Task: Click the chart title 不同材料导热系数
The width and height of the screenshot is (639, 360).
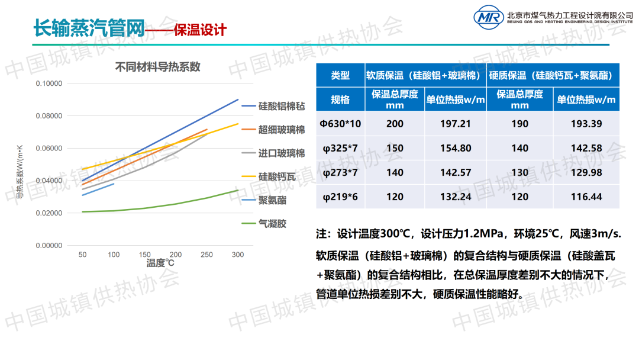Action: [x=158, y=67]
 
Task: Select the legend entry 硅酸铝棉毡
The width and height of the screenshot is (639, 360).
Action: [x=282, y=107]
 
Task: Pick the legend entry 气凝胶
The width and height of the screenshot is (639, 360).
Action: [x=272, y=224]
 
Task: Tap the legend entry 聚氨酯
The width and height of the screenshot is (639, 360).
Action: [x=272, y=200]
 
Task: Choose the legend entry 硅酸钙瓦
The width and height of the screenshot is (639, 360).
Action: [x=277, y=176]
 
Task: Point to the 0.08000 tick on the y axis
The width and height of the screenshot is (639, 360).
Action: [x=49, y=115]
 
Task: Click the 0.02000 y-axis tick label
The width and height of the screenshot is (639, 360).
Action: [x=49, y=213]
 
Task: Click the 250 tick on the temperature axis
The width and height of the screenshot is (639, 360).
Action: [x=207, y=255]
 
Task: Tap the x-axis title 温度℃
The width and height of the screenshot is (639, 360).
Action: [x=160, y=262]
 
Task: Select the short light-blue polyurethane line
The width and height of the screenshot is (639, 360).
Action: [x=98, y=189]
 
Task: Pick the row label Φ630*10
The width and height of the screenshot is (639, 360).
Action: [x=340, y=124]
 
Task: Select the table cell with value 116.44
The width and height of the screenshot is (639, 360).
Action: [x=586, y=197]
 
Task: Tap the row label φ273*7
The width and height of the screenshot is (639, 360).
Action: [x=340, y=172]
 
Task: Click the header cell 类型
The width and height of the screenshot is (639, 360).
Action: [x=340, y=75]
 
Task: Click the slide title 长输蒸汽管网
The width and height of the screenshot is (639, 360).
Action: [x=89, y=28]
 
